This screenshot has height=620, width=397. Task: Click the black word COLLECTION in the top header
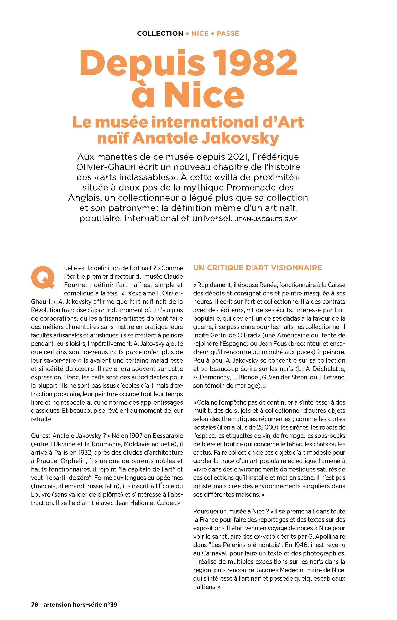pyautogui.click(x=160, y=34)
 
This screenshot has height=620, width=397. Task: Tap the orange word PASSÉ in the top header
pyautogui.click(x=228, y=34)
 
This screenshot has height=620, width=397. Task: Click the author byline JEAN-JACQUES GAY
pyautogui.click(x=266, y=219)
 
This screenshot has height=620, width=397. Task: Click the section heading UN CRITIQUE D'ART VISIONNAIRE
pyautogui.click(x=258, y=268)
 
